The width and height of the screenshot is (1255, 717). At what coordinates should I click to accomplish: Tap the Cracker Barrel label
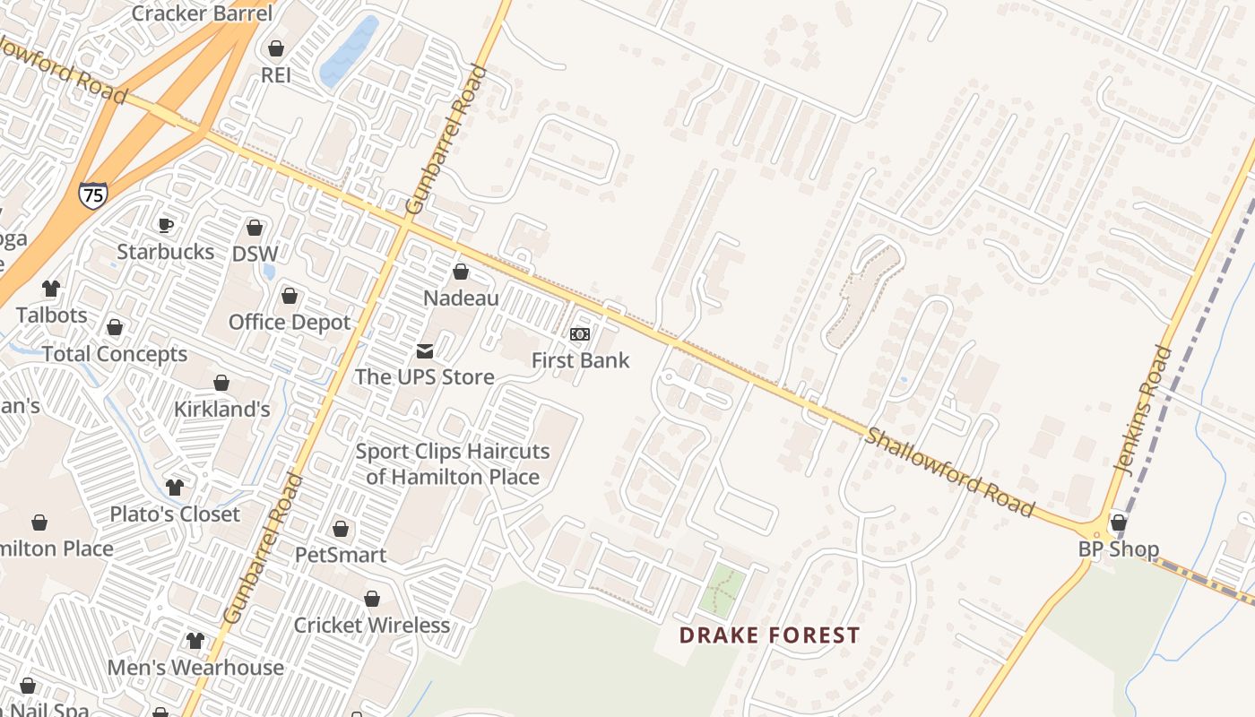[x=202, y=13]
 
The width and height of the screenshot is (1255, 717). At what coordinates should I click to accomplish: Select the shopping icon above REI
[x=276, y=48]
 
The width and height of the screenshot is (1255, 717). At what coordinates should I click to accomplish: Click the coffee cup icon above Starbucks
[x=165, y=225]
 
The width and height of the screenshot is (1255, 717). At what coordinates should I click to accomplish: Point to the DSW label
[x=255, y=254]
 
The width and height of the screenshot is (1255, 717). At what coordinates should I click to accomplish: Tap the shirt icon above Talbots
[x=51, y=289]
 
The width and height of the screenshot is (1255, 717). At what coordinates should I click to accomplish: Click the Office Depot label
[x=290, y=322]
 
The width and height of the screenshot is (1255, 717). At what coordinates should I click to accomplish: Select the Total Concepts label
[x=115, y=354]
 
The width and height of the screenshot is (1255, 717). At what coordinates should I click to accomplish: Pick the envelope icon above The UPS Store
[x=424, y=350]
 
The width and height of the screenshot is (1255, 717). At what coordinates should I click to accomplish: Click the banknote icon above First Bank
[x=580, y=334]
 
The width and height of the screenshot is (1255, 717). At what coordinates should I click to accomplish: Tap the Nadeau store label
[x=461, y=298]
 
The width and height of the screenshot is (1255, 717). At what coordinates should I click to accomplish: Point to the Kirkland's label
[x=221, y=410]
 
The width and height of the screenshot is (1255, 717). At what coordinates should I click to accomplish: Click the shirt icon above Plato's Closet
[x=175, y=488]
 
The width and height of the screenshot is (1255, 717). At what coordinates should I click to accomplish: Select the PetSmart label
[x=341, y=555]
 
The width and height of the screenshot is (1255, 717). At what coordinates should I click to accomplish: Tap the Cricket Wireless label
[x=372, y=625]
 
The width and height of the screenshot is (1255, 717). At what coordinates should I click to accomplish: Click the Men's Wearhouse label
[x=195, y=668]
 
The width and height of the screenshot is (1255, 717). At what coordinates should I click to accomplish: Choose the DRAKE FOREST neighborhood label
[x=769, y=636]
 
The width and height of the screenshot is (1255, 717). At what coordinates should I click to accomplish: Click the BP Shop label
[x=1118, y=549]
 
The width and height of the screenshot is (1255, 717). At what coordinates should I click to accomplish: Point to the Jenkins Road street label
[x=1142, y=410]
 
